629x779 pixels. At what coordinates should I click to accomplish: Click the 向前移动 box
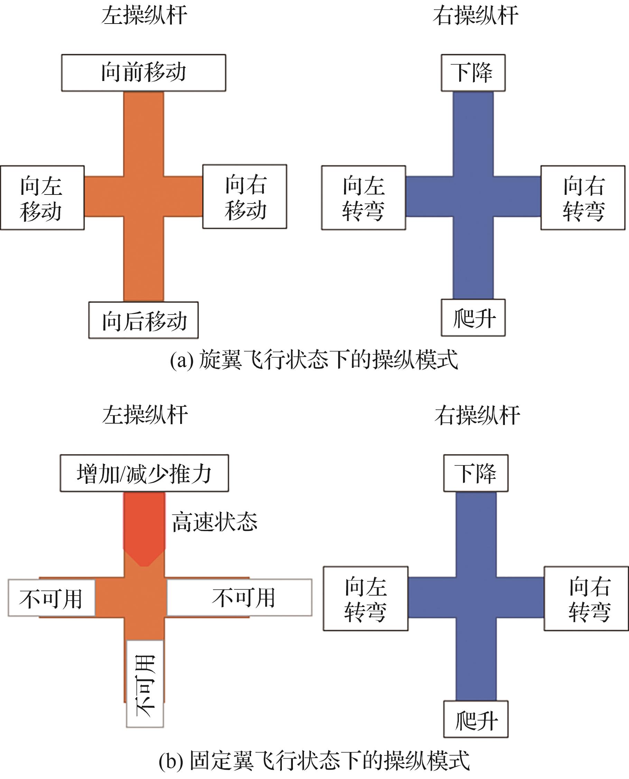click(144, 73)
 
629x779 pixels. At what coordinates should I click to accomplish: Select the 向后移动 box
click(144, 320)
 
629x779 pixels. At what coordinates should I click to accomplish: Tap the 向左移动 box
click(42, 198)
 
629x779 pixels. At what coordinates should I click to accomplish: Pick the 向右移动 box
click(244, 197)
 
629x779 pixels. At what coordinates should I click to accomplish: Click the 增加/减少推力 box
click(144, 473)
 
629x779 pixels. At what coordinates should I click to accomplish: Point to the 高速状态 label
click(214, 522)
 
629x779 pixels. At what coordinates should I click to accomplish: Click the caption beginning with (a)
click(314, 360)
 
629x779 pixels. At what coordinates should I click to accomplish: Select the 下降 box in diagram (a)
click(473, 73)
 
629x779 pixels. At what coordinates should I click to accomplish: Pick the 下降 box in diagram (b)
click(476, 473)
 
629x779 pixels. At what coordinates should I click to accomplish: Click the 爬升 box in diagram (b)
click(476, 719)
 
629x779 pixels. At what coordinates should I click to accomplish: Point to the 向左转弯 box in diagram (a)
click(363, 198)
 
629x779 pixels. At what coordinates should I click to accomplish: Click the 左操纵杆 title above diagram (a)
click(144, 15)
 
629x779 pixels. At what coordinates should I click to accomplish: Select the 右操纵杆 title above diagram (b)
click(477, 415)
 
